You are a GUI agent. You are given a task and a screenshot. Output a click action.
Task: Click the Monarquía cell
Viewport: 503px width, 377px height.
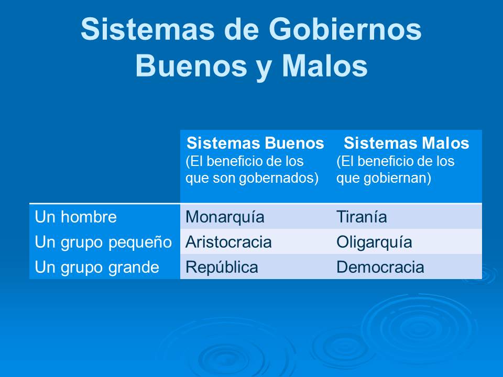(x=225, y=217)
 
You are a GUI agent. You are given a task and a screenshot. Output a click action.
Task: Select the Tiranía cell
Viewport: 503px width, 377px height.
(x=362, y=217)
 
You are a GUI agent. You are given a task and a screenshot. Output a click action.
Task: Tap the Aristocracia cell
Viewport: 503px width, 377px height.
(x=229, y=242)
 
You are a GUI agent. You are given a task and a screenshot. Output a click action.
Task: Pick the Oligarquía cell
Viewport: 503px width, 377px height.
(x=374, y=242)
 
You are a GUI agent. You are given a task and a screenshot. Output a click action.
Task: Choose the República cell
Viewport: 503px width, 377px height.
(x=222, y=268)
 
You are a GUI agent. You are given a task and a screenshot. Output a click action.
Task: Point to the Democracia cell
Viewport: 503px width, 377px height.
(x=380, y=268)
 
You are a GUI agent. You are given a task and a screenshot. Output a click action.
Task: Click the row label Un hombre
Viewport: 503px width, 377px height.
(x=76, y=217)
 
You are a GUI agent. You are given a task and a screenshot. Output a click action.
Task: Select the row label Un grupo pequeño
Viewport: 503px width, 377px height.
(x=103, y=242)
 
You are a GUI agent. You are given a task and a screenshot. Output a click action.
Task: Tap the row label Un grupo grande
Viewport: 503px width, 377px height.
(x=97, y=268)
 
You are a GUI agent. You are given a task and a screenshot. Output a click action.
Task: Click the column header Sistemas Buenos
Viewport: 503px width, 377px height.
(x=256, y=143)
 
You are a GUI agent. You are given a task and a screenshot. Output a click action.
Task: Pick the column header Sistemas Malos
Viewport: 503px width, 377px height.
(x=406, y=143)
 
